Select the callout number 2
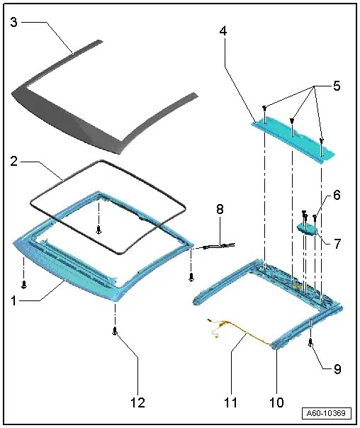[14, 162]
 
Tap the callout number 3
[14, 22]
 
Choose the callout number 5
[336, 86]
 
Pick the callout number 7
[337, 244]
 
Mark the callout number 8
[220, 210]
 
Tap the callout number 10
[277, 402]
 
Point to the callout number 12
[137, 402]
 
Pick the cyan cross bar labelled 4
[293, 139]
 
